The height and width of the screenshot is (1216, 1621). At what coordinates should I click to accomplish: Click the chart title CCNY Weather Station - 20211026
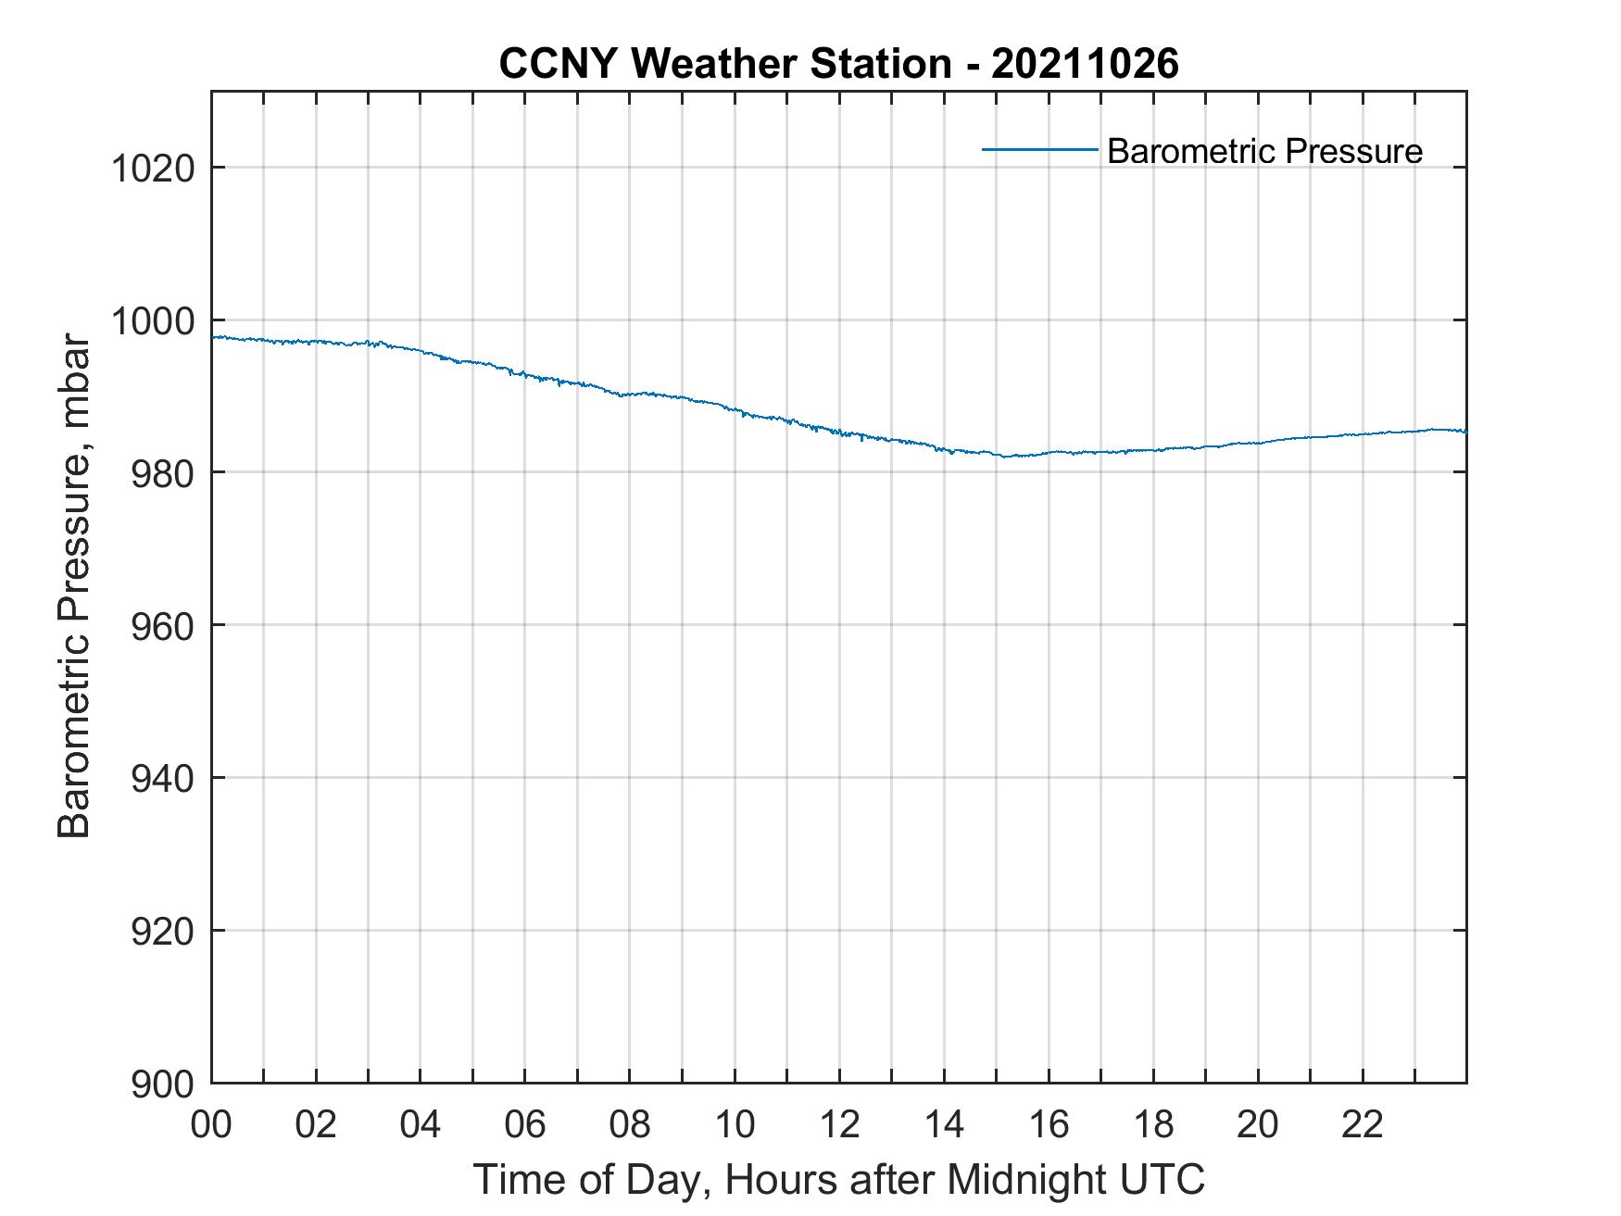pyautogui.click(x=838, y=64)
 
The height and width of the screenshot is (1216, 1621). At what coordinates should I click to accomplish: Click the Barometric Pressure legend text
pyautogui.click(x=1264, y=151)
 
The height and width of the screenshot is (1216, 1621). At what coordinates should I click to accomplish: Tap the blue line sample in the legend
pyautogui.click(x=1039, y=149)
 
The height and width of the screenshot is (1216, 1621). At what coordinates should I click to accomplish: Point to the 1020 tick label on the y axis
pyautogui.click(x=153, y=169)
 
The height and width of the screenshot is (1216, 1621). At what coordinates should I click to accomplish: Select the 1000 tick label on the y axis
pyautogui.click(x=153, y=321)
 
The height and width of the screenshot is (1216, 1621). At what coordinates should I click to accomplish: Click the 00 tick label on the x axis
pyautogui.click(x=212, y=1124)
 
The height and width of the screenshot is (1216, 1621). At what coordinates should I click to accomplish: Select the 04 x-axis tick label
pyautogui.click(x=421, y=1124)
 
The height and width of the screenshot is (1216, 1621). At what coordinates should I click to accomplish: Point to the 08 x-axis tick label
pyautogui.click(x=630, y=1124)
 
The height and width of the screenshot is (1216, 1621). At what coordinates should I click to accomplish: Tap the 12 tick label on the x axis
pyautogui.click(x=839, y=1124)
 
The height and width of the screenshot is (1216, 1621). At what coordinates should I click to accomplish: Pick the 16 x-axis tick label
pyautogui.click(x=1049, y=1124)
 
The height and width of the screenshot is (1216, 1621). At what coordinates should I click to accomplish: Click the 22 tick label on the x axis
pyautogui.click(x=1363, y=1124)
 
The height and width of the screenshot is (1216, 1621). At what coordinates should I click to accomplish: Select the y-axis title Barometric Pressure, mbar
pyautogui.click(x=74, y=585)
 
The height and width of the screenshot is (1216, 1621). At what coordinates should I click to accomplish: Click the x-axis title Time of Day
pyautogui.click(x=838, y=1179)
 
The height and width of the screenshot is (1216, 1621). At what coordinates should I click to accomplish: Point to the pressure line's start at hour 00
pyautogui.click(x=214, y=337)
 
